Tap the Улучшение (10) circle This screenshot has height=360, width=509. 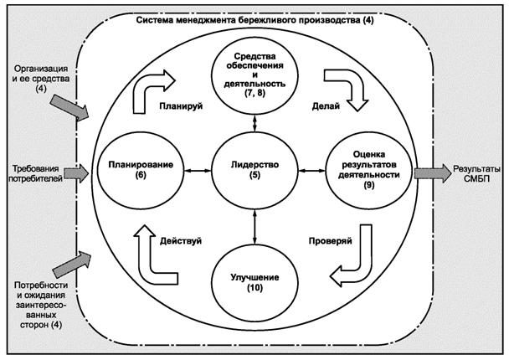(x=254, y=282)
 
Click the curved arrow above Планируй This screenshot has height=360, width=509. (x=157, y=87)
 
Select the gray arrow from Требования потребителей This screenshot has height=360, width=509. (x=75, y=173)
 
